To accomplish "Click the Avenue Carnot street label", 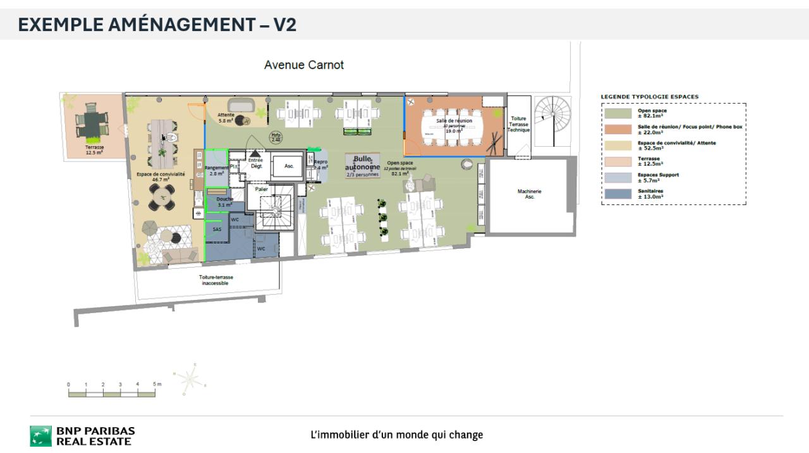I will [x=304, y=65].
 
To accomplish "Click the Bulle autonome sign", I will [x=363, y=165].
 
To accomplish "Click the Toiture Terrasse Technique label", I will [x=518, y=124].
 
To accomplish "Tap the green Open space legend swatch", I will [x=617, y=113].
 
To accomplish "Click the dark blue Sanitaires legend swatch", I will [x=617, y=194].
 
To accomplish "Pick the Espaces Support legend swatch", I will [x=617, y=178].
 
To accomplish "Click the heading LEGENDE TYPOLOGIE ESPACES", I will [x=649, y=97].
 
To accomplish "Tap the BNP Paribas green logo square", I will [x=41, y=436].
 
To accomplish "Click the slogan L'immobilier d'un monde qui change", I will [x=397, y=435].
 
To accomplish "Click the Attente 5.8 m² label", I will [x=226, y=117].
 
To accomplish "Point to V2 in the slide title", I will [x=284, y=25].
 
